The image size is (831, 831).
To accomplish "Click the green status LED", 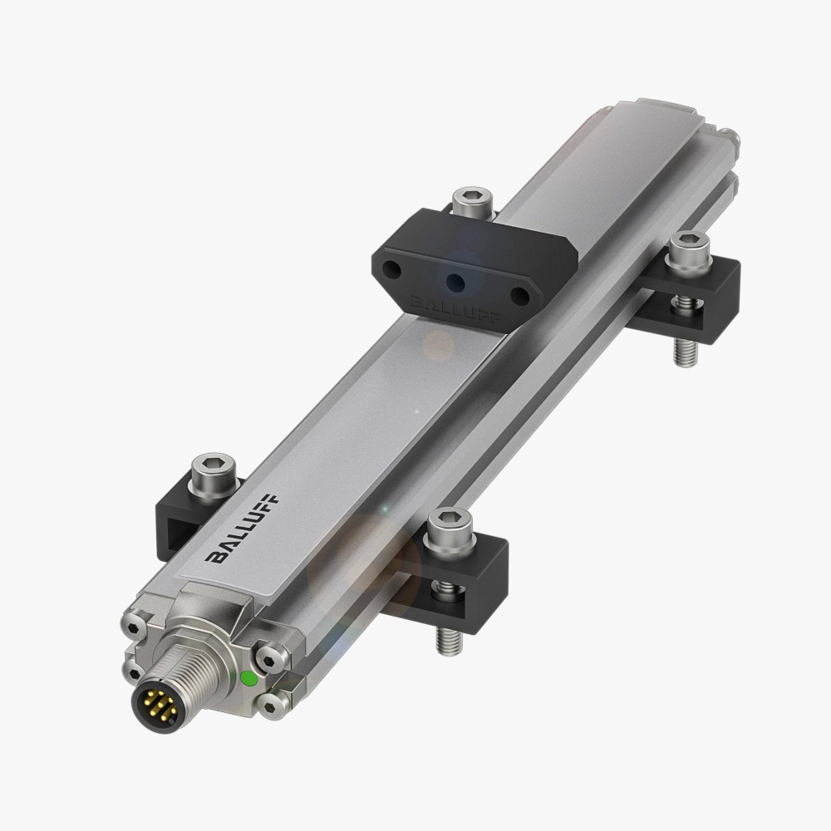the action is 248,678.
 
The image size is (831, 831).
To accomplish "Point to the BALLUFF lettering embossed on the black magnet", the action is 455,309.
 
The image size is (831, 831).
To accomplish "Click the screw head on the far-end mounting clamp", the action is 690,247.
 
